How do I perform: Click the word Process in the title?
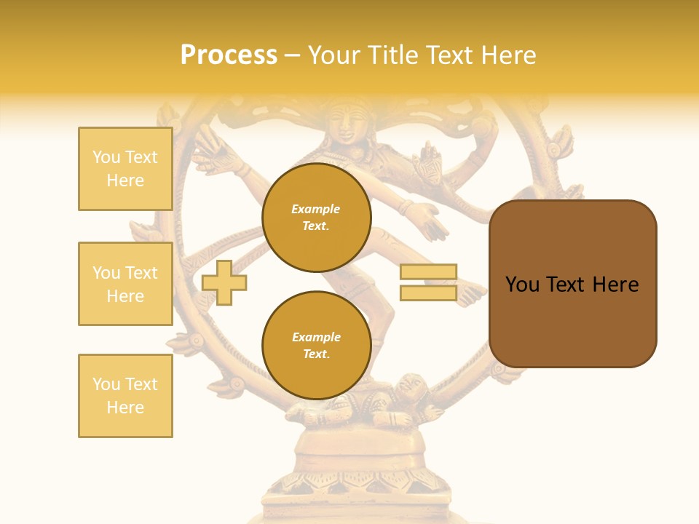click(229, 55)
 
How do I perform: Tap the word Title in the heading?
click(394, 55)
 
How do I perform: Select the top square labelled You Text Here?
click(125, 169)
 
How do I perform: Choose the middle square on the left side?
click(125, 284)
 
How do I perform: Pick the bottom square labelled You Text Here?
click(125, 396)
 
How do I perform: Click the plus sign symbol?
click(224, 282)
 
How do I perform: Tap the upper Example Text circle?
click(317, 218)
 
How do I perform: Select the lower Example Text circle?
click(317, 346)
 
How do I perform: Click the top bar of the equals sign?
click(428, 272)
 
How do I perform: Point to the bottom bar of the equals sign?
click(428, 293)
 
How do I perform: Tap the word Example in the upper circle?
click(316, 209)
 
